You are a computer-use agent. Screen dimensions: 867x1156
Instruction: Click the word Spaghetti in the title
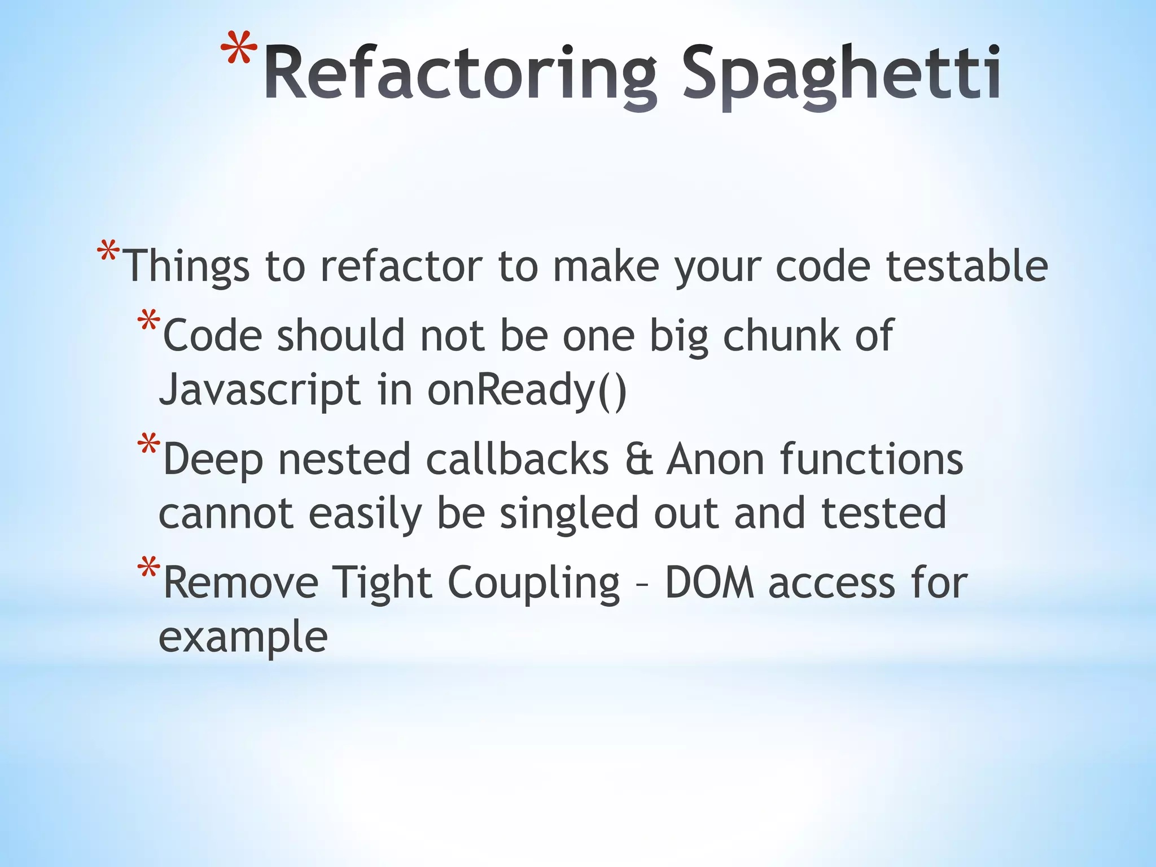tap(842, 75)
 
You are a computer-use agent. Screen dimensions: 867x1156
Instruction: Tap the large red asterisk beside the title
tap(239, 51)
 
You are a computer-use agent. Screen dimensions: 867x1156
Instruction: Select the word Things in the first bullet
tap(186, 266)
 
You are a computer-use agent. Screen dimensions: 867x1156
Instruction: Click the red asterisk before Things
tap(108, 251)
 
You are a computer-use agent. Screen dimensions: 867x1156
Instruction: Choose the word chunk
tap(781, 335)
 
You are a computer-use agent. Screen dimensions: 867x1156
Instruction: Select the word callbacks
tap(517, 459)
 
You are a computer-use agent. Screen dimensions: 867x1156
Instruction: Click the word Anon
tap(715, 459)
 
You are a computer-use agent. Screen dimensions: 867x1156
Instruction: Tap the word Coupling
tap(533, 583)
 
